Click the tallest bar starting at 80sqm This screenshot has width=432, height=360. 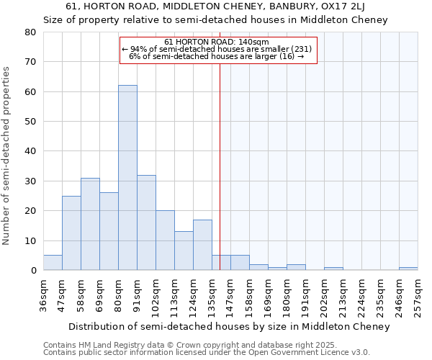[x=127, y=178]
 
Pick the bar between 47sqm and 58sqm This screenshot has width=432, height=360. [x=71, y=233]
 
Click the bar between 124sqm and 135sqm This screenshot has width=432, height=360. [x=202, y=245]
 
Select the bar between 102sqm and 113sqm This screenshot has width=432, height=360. [x=165, y=240]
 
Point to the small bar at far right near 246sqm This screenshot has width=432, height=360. [x=408, y=269]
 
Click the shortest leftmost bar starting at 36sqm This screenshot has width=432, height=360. [x=53, y=263]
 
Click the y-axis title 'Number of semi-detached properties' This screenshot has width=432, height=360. [x=7, y=156]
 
